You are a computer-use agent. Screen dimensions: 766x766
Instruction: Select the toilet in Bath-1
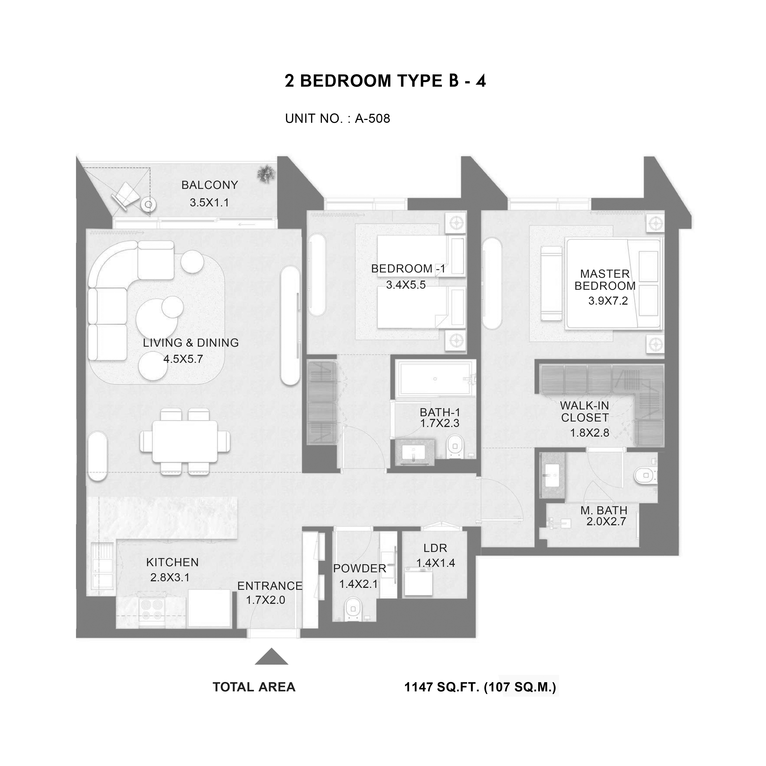[455, 447]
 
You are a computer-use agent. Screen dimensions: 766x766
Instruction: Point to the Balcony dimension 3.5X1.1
[209, 203]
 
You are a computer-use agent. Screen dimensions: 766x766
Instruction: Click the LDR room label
[435, 548]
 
